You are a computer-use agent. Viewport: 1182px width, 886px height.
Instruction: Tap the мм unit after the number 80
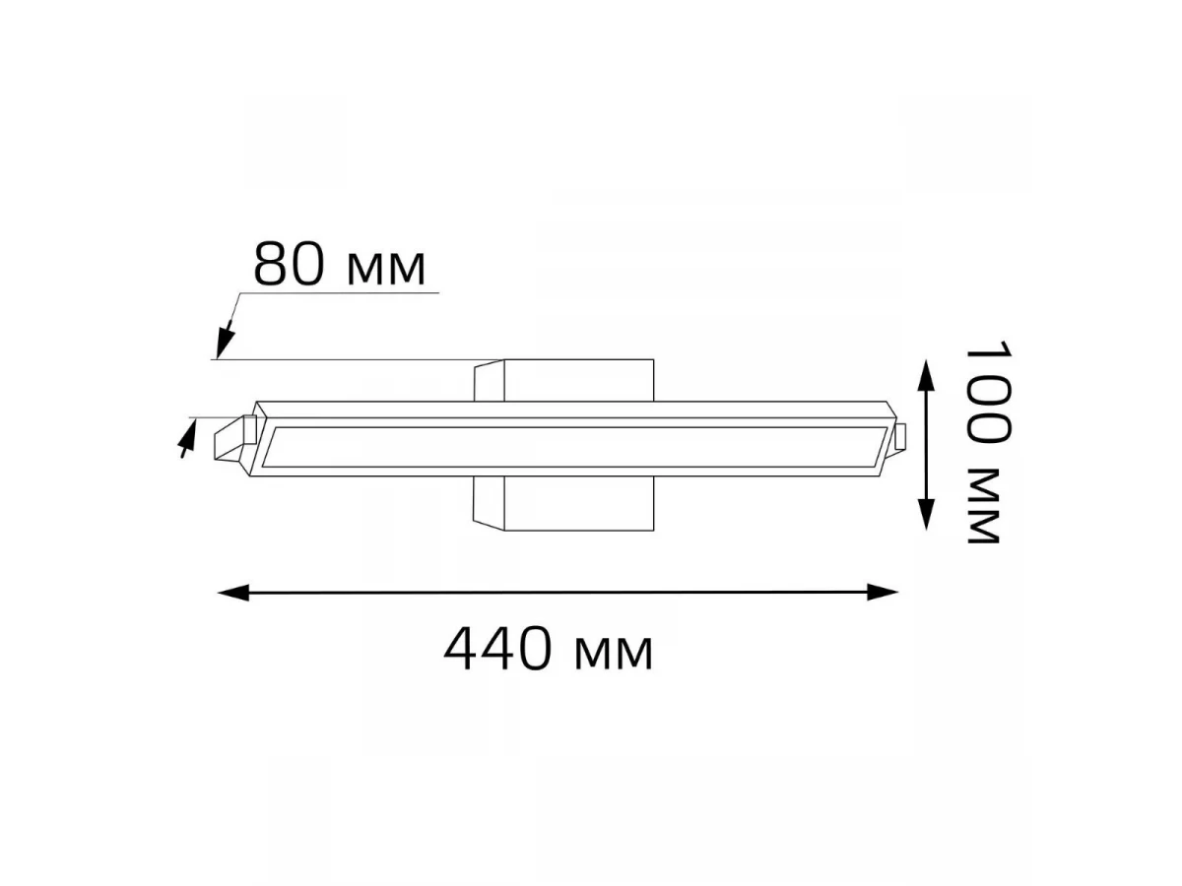(x=385, y=268)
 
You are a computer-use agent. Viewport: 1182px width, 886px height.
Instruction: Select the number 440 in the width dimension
(x=498, y=649)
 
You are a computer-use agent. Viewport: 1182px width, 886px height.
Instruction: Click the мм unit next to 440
(x=614, y=654)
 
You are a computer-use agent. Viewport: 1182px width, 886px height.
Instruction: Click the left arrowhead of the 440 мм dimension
(x=233, y=593)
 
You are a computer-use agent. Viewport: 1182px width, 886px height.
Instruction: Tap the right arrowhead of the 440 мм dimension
(x=883, y=593)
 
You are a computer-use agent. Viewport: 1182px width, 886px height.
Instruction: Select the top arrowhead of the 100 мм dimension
(x=926, y=375)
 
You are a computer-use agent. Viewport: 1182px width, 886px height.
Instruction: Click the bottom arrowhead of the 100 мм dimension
(x=926, y=514)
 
